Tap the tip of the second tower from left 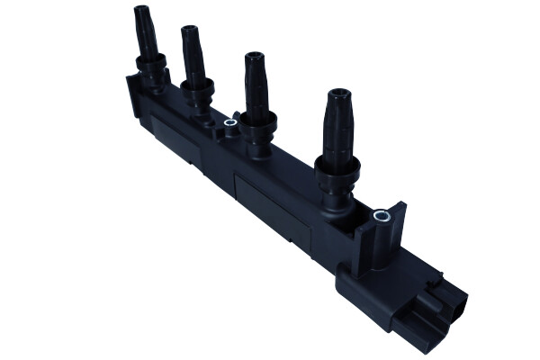(190, 32)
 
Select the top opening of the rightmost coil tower (340, 94)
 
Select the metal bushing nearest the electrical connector (382, 216)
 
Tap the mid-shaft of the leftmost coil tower (147, 36)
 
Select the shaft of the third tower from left (254, 88)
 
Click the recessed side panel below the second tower (175, 135)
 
